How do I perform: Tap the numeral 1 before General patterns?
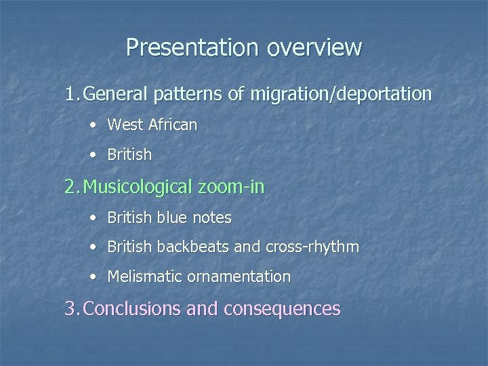(70, 94)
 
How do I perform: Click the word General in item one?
(119, 94)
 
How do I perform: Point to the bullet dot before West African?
(92, 125)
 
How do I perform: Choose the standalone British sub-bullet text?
(129, 155)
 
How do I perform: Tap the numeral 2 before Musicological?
(70, 186)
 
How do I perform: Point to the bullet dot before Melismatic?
(92, 277)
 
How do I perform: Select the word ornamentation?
(240, 277)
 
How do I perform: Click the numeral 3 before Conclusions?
(70, 309)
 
